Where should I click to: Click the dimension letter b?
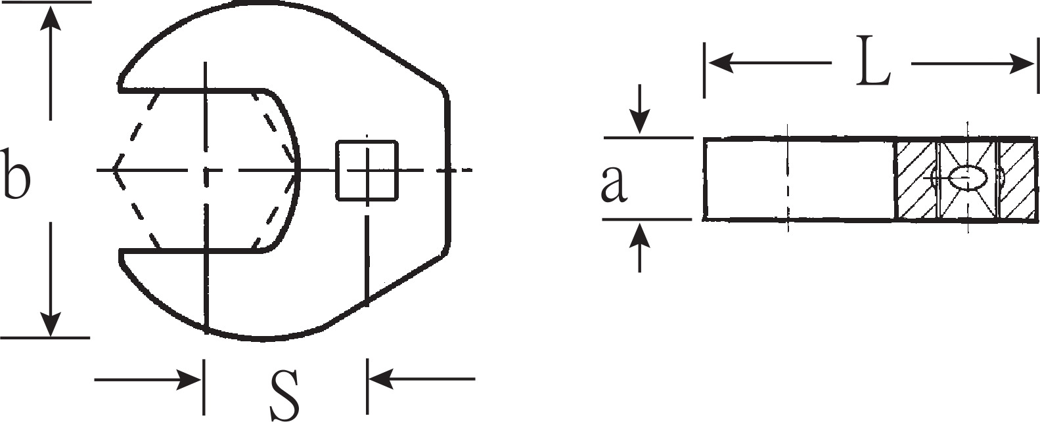(x=15, y=173)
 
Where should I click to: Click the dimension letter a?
(x=614, y=184)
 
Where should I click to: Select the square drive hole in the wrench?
(x=367, y=171)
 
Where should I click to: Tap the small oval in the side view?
(x=967, y=178)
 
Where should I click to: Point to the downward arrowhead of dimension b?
(x=50, y=325)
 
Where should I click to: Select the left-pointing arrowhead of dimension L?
(x=720, y=63)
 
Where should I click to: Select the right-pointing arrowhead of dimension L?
(x=1022, y=63)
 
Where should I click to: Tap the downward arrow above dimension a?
(x=640, y=110)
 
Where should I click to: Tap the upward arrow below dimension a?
(x=640, y=247)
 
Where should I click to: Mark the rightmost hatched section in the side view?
(x=1016, y=179)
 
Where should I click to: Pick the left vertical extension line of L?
(x=704, y=70)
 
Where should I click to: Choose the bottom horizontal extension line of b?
(x=45, y=338)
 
